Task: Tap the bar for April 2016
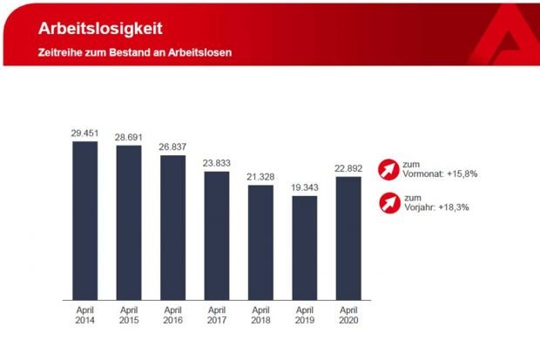tap(172, 228)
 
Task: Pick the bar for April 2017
tap(216, 235)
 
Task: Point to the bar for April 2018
tap(260, 242)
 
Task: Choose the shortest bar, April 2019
tap(304, 248)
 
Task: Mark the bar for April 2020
tap(348, 238)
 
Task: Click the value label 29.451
tap(85, 133)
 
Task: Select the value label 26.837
tap(172, 147)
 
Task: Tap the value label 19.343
tap(304, 187)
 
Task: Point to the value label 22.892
tap(348, 169)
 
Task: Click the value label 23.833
tap(216, 163)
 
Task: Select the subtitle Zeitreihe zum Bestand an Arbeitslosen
tap(134, 52)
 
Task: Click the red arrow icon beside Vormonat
tap(387, 168)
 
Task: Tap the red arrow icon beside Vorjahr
tap(387, 203)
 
